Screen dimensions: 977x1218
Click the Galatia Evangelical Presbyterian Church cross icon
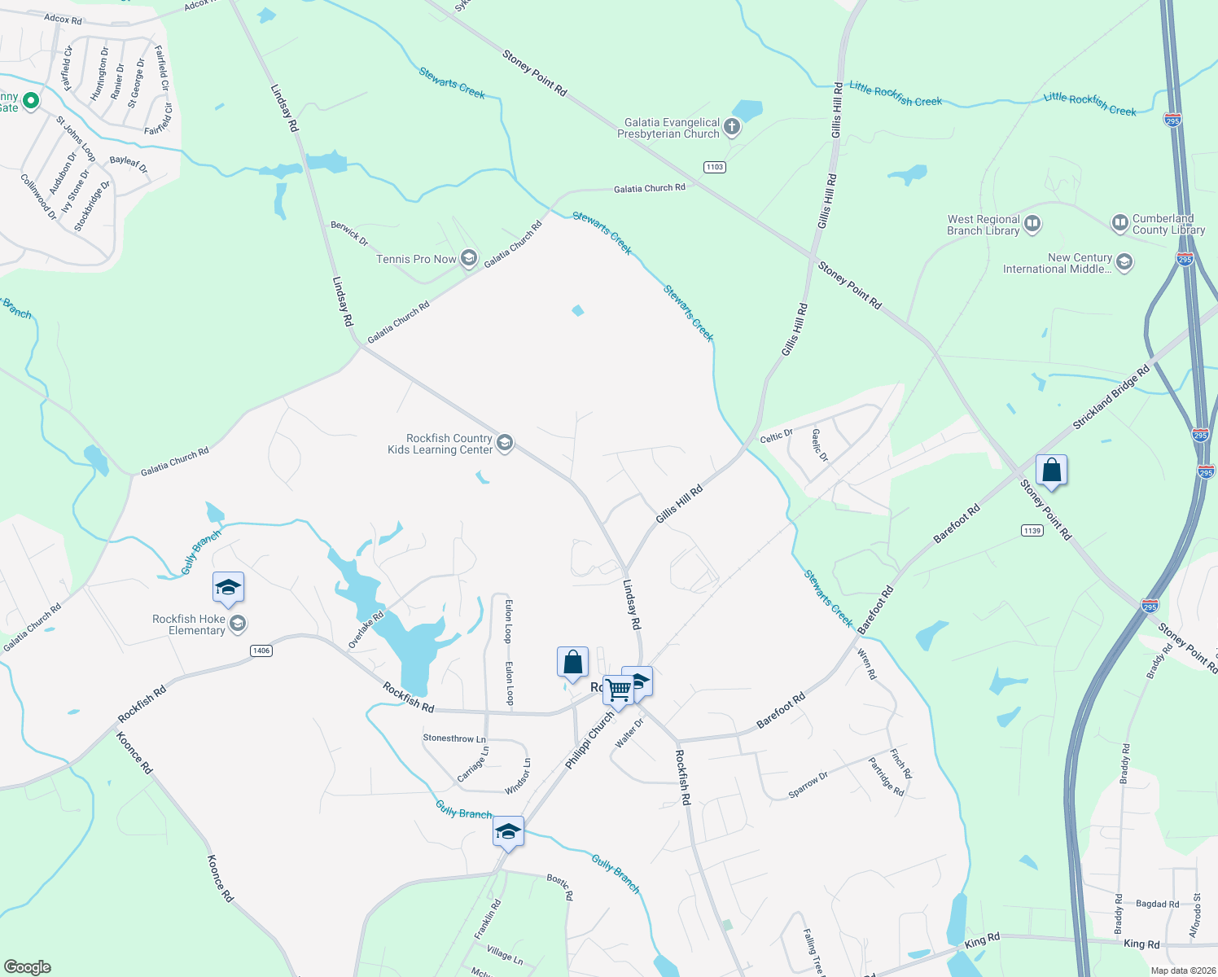click(732, 126)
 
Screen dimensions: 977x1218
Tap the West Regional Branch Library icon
click(1032, 223)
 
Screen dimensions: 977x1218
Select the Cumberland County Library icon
click(1119, 222)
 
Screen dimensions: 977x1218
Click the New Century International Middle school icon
click(1124, 261)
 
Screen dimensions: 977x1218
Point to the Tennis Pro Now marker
click(468, 258)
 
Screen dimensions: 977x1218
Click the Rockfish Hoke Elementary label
click(189, 624)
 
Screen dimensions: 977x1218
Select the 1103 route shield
click(714, 167)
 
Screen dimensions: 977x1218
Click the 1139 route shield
click(1032, 530)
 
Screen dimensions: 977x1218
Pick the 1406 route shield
click(261, 651)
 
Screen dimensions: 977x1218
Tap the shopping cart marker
click(618, 690)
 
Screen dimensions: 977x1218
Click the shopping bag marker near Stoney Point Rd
click(1051, 471)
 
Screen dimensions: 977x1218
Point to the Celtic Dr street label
click(776, 436)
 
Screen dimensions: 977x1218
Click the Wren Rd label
click(868, 664)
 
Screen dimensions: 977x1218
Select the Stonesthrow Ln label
click(454, 738)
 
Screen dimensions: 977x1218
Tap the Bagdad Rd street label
click(1157, 904)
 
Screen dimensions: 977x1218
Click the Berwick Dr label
click(349, 234)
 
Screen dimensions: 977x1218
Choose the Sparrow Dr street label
click(808, 785)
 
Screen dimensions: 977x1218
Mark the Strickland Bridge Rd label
click(1111, 396)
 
